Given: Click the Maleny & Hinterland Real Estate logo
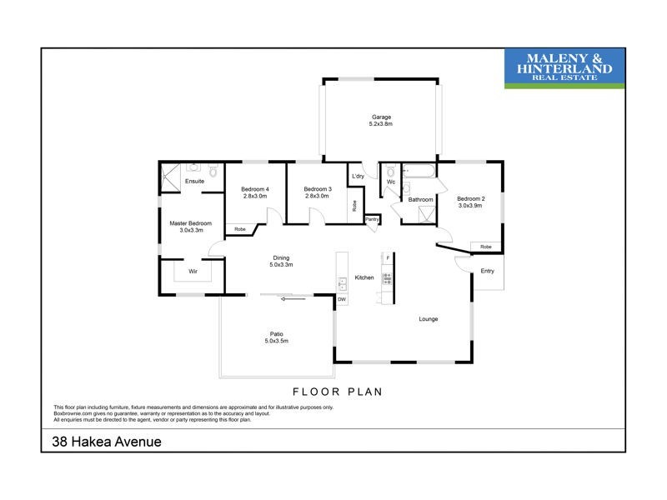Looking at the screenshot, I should point(564,67).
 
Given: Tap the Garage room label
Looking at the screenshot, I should point(380,117).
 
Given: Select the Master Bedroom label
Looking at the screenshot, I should point(191,223).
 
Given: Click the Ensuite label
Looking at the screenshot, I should point(195,181).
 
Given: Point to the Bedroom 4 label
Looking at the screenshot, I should point(256,189).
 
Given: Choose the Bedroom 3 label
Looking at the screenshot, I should point(318,189).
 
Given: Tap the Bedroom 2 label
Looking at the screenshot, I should point(471,198).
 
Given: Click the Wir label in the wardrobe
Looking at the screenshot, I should point(193,272).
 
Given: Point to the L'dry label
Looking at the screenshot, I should point(359,177).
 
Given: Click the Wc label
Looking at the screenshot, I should point(390,182).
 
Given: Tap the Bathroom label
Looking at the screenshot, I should point(420,199).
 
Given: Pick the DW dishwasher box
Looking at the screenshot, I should point(341,299).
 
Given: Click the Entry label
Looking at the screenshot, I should point(487,271).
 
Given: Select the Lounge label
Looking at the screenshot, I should point(429,319).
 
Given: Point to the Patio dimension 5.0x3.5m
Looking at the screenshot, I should point(276,341).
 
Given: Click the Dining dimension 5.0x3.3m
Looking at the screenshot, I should point(281,264).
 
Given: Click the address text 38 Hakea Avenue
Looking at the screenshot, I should point(101,442).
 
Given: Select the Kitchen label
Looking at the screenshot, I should point(364,277).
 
